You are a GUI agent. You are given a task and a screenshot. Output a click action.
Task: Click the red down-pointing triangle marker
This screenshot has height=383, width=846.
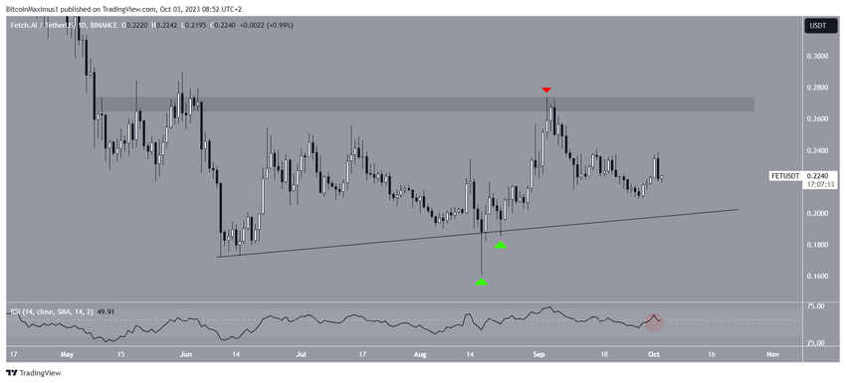(546, 91)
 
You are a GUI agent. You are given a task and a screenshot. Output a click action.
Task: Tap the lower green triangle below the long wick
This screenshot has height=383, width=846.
(482, 282)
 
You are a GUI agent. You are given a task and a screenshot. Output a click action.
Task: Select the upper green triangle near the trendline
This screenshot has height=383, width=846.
(502, 244)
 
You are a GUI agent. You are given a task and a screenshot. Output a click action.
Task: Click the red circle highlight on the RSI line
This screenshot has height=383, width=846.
(655, 320)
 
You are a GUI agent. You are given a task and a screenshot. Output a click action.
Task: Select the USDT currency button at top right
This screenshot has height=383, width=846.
(818, 26)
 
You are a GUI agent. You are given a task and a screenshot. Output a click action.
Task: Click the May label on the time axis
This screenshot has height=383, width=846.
(67, 353)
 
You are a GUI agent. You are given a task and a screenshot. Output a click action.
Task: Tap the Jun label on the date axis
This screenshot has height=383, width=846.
(184, 353)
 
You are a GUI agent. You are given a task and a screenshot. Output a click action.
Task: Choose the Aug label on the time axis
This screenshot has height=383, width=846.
(420, 353)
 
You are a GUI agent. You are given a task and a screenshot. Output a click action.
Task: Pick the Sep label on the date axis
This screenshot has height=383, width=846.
(538, 353)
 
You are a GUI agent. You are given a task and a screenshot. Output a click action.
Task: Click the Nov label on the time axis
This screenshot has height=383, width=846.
(772, 353)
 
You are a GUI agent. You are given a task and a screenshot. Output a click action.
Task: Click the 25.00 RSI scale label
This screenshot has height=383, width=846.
(817, 343)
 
